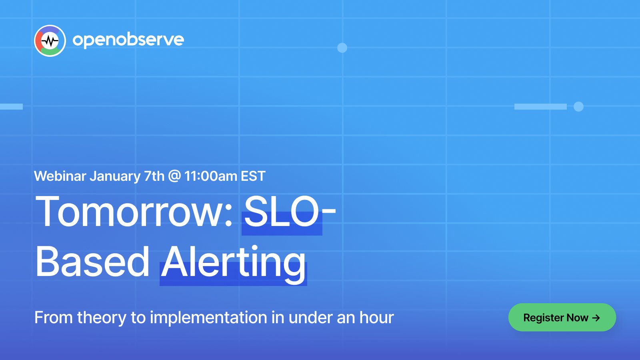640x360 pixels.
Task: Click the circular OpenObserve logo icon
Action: (x=50, y=41)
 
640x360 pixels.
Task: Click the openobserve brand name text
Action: (x=128, y=40)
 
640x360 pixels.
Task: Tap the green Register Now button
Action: (x=562, y=318)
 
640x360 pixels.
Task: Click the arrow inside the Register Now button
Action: (x=596, y=318)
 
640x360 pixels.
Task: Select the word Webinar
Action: (x=60, y=176)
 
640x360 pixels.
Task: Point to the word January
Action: (x=115, y=176)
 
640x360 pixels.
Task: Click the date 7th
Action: (x=154, y=176)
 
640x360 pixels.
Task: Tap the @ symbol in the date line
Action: (x=174, y=176)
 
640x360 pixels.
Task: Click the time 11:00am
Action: (x=211, y=176)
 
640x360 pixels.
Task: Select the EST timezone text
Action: (x=253, y=176)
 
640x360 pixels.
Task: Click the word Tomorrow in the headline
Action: (x=134, y=212)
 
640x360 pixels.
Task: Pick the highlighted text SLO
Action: (x=282, y=212)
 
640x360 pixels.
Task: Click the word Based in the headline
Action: (x=92, y=262)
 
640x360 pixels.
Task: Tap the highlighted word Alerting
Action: (x=233, y=264)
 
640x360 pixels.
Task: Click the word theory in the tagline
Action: (x=102, y=318)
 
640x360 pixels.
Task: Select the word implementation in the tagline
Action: (x=208, y=318)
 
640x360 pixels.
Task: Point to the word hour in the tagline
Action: (x=376, y=317)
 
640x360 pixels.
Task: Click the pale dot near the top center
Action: (x=342, y=48)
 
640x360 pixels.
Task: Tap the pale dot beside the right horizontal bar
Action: (x=578, y=106)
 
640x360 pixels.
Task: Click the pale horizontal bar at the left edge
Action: (x=12, y=106)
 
